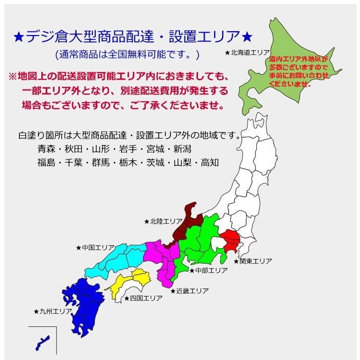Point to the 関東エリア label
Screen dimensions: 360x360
coord(252,261)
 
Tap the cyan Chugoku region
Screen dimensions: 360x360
coord(122,255)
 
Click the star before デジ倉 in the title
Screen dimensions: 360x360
coord(18,36)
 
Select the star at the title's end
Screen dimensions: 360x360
coord(247,36)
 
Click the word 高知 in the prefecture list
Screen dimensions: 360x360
coord(211,163)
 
